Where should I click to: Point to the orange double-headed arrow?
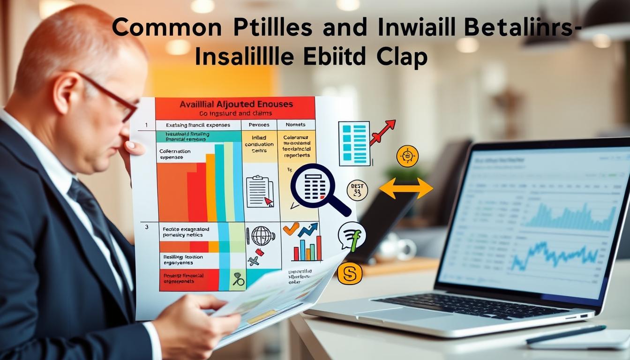pyautogui.click(x=405, y=188)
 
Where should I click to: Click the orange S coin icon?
pyautogui.click(x=350, y=273)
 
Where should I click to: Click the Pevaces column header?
pyautogui.click(x=258, y=125)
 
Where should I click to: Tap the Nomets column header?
pyautogui.click(x=295, y=125)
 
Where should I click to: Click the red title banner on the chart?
pyautogui.click(x=235, y=108)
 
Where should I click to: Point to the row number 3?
pyautogui.click(x=147, y=227)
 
